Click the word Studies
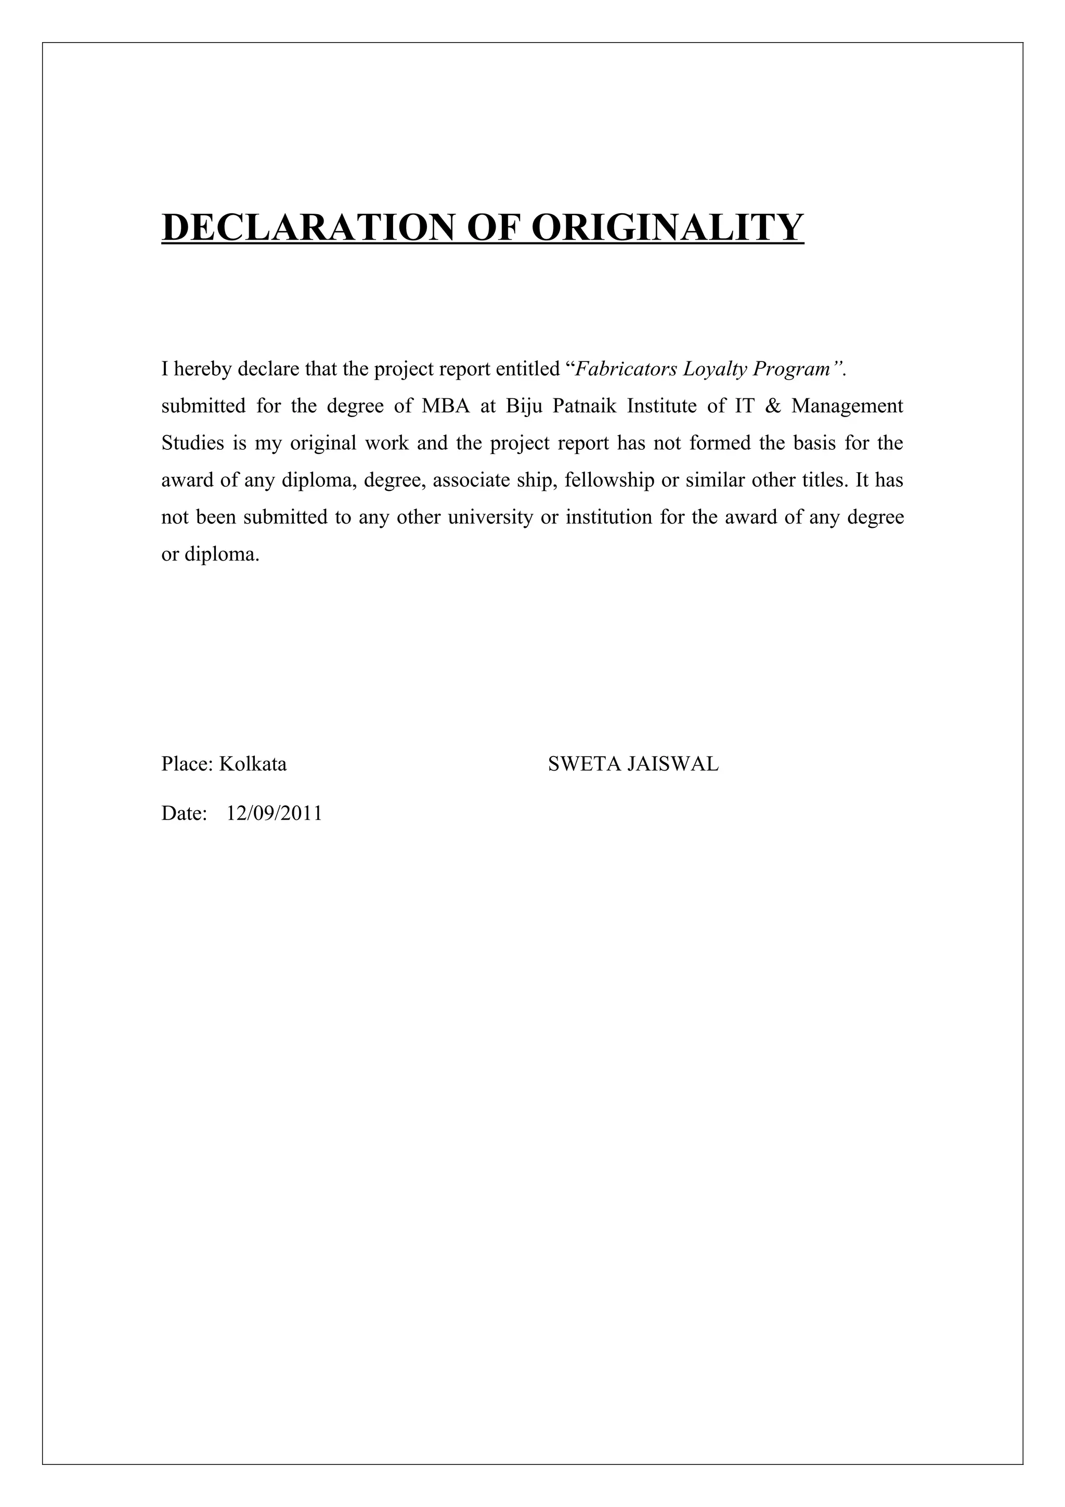[x=193, y=444]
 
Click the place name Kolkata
[x=253, y=764]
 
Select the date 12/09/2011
[x=274, y=814]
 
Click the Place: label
[x=187, y=764]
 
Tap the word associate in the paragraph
[x=469, y=480]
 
